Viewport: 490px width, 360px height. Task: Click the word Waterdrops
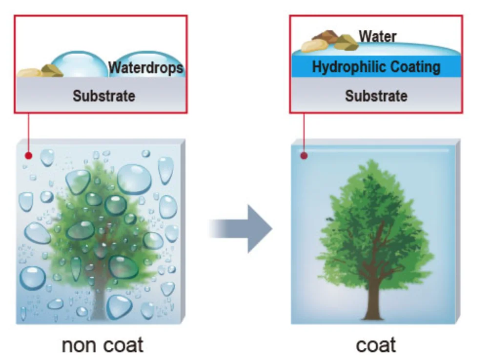[146, 67]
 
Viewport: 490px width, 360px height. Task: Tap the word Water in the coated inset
[378, 36]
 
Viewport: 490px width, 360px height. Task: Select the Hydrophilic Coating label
[376, 67]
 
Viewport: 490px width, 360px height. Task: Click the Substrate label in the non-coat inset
[103, 95]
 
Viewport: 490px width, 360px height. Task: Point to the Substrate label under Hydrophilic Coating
[376, 95]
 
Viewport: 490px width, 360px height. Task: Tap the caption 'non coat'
[102, 345]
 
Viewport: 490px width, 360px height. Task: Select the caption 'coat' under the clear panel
[376, 345]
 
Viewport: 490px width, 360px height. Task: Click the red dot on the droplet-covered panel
[29, 156]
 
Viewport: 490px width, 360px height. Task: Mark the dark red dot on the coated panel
[304, 156]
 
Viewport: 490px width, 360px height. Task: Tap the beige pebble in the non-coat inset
[30, 73]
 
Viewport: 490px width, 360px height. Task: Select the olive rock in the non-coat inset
[52, 71]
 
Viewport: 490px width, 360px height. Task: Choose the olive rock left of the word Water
[346, 42]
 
